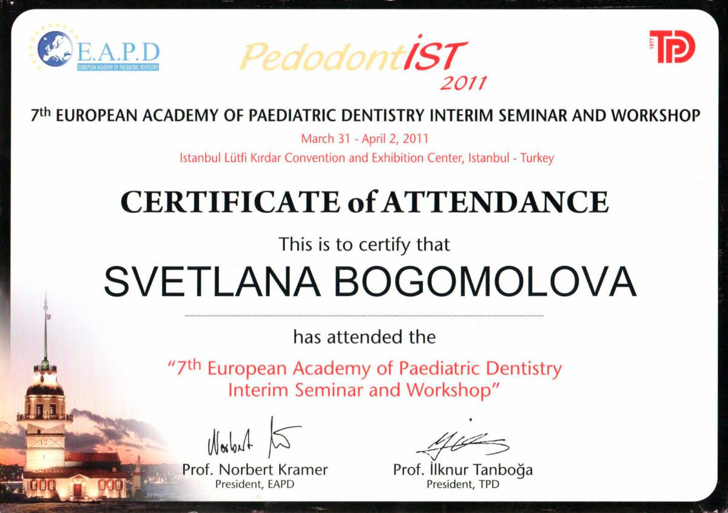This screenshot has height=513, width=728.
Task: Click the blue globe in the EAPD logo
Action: click(55, 49)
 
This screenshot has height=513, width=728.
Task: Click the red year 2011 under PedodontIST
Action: click(463, 84)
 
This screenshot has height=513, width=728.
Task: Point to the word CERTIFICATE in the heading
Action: click(230, 202)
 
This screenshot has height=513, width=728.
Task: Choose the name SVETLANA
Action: click(212, 280)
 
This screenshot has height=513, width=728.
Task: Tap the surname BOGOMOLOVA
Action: click(485, 280)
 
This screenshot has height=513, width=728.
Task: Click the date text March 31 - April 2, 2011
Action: click(365, 139)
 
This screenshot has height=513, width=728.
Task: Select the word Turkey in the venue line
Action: click(538, 158)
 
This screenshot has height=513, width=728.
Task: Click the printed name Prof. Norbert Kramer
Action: click(255, 470)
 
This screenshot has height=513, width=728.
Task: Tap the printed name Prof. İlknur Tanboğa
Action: click(463, 470)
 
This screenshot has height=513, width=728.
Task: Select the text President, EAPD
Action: click(255, 484)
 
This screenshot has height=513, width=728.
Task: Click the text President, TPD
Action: click(463, 484)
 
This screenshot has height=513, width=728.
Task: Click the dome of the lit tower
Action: click(45, 389)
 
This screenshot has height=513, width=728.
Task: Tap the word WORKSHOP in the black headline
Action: click(656, 115)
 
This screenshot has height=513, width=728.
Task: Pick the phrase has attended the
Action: click(365, 337)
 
